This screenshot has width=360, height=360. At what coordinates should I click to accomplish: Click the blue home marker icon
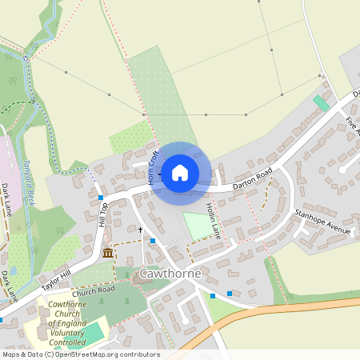tap(180, 172)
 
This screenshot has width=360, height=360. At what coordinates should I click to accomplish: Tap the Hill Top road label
tap(102, 214)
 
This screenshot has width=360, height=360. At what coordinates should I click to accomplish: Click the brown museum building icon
tap(108, 254)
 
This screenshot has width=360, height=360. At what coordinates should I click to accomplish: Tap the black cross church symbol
tap(140, 230)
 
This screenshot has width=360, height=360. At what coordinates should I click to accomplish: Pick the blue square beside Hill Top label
tap(101, 197)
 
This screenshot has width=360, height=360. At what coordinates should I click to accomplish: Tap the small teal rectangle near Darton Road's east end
tap(321, 103)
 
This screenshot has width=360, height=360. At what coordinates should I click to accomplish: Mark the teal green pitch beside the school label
tap(94, 332)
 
